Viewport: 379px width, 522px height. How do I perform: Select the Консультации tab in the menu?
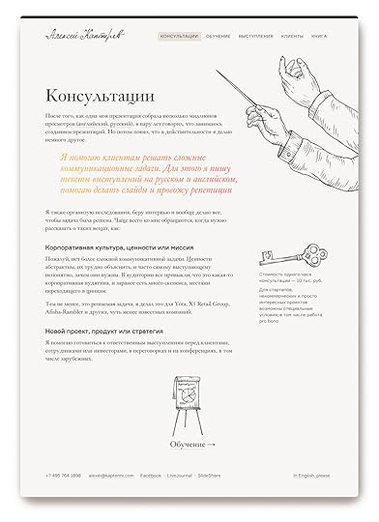pyautogui.click(x=179, y=35)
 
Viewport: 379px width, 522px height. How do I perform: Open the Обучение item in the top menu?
pyautogui.click(x=218, y=35)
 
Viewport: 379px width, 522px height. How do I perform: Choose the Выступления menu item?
pyautogui.click(x=256, y=35)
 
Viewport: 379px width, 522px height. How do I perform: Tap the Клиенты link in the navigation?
pyautogui.click(x=292, y=35)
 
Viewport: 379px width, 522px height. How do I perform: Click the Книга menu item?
pyautogui.click(x=319, y=35)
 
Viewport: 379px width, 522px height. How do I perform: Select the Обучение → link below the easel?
pyautogui.click(x=191, y=444)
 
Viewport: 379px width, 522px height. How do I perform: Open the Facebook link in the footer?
pyautogui.click(x=150, y=476)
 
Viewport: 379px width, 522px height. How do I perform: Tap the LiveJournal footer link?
pyautogui.click(x=179, y=476)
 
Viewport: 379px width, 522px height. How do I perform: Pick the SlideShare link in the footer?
pyautogui.click(x=211, y=476)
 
